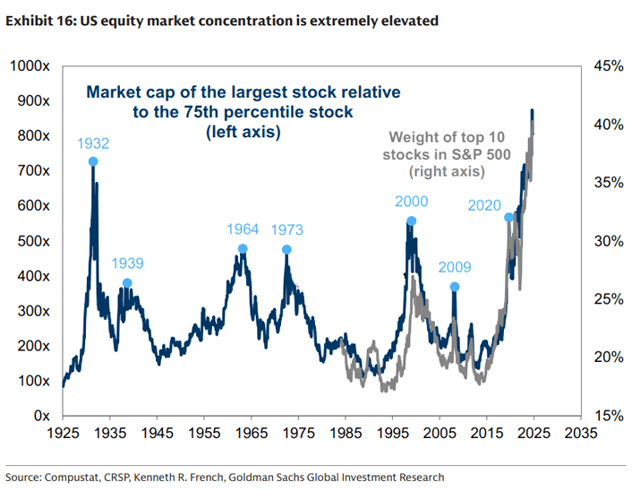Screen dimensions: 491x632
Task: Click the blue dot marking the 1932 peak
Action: point(93,162)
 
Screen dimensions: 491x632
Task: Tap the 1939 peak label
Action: point(127,263)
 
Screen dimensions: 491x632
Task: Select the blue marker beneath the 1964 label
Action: point(243,249)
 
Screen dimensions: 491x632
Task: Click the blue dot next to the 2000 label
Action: point(411,220)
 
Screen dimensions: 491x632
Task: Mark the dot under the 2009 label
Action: point(455,287)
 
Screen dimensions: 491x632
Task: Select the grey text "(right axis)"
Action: point(447,170)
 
